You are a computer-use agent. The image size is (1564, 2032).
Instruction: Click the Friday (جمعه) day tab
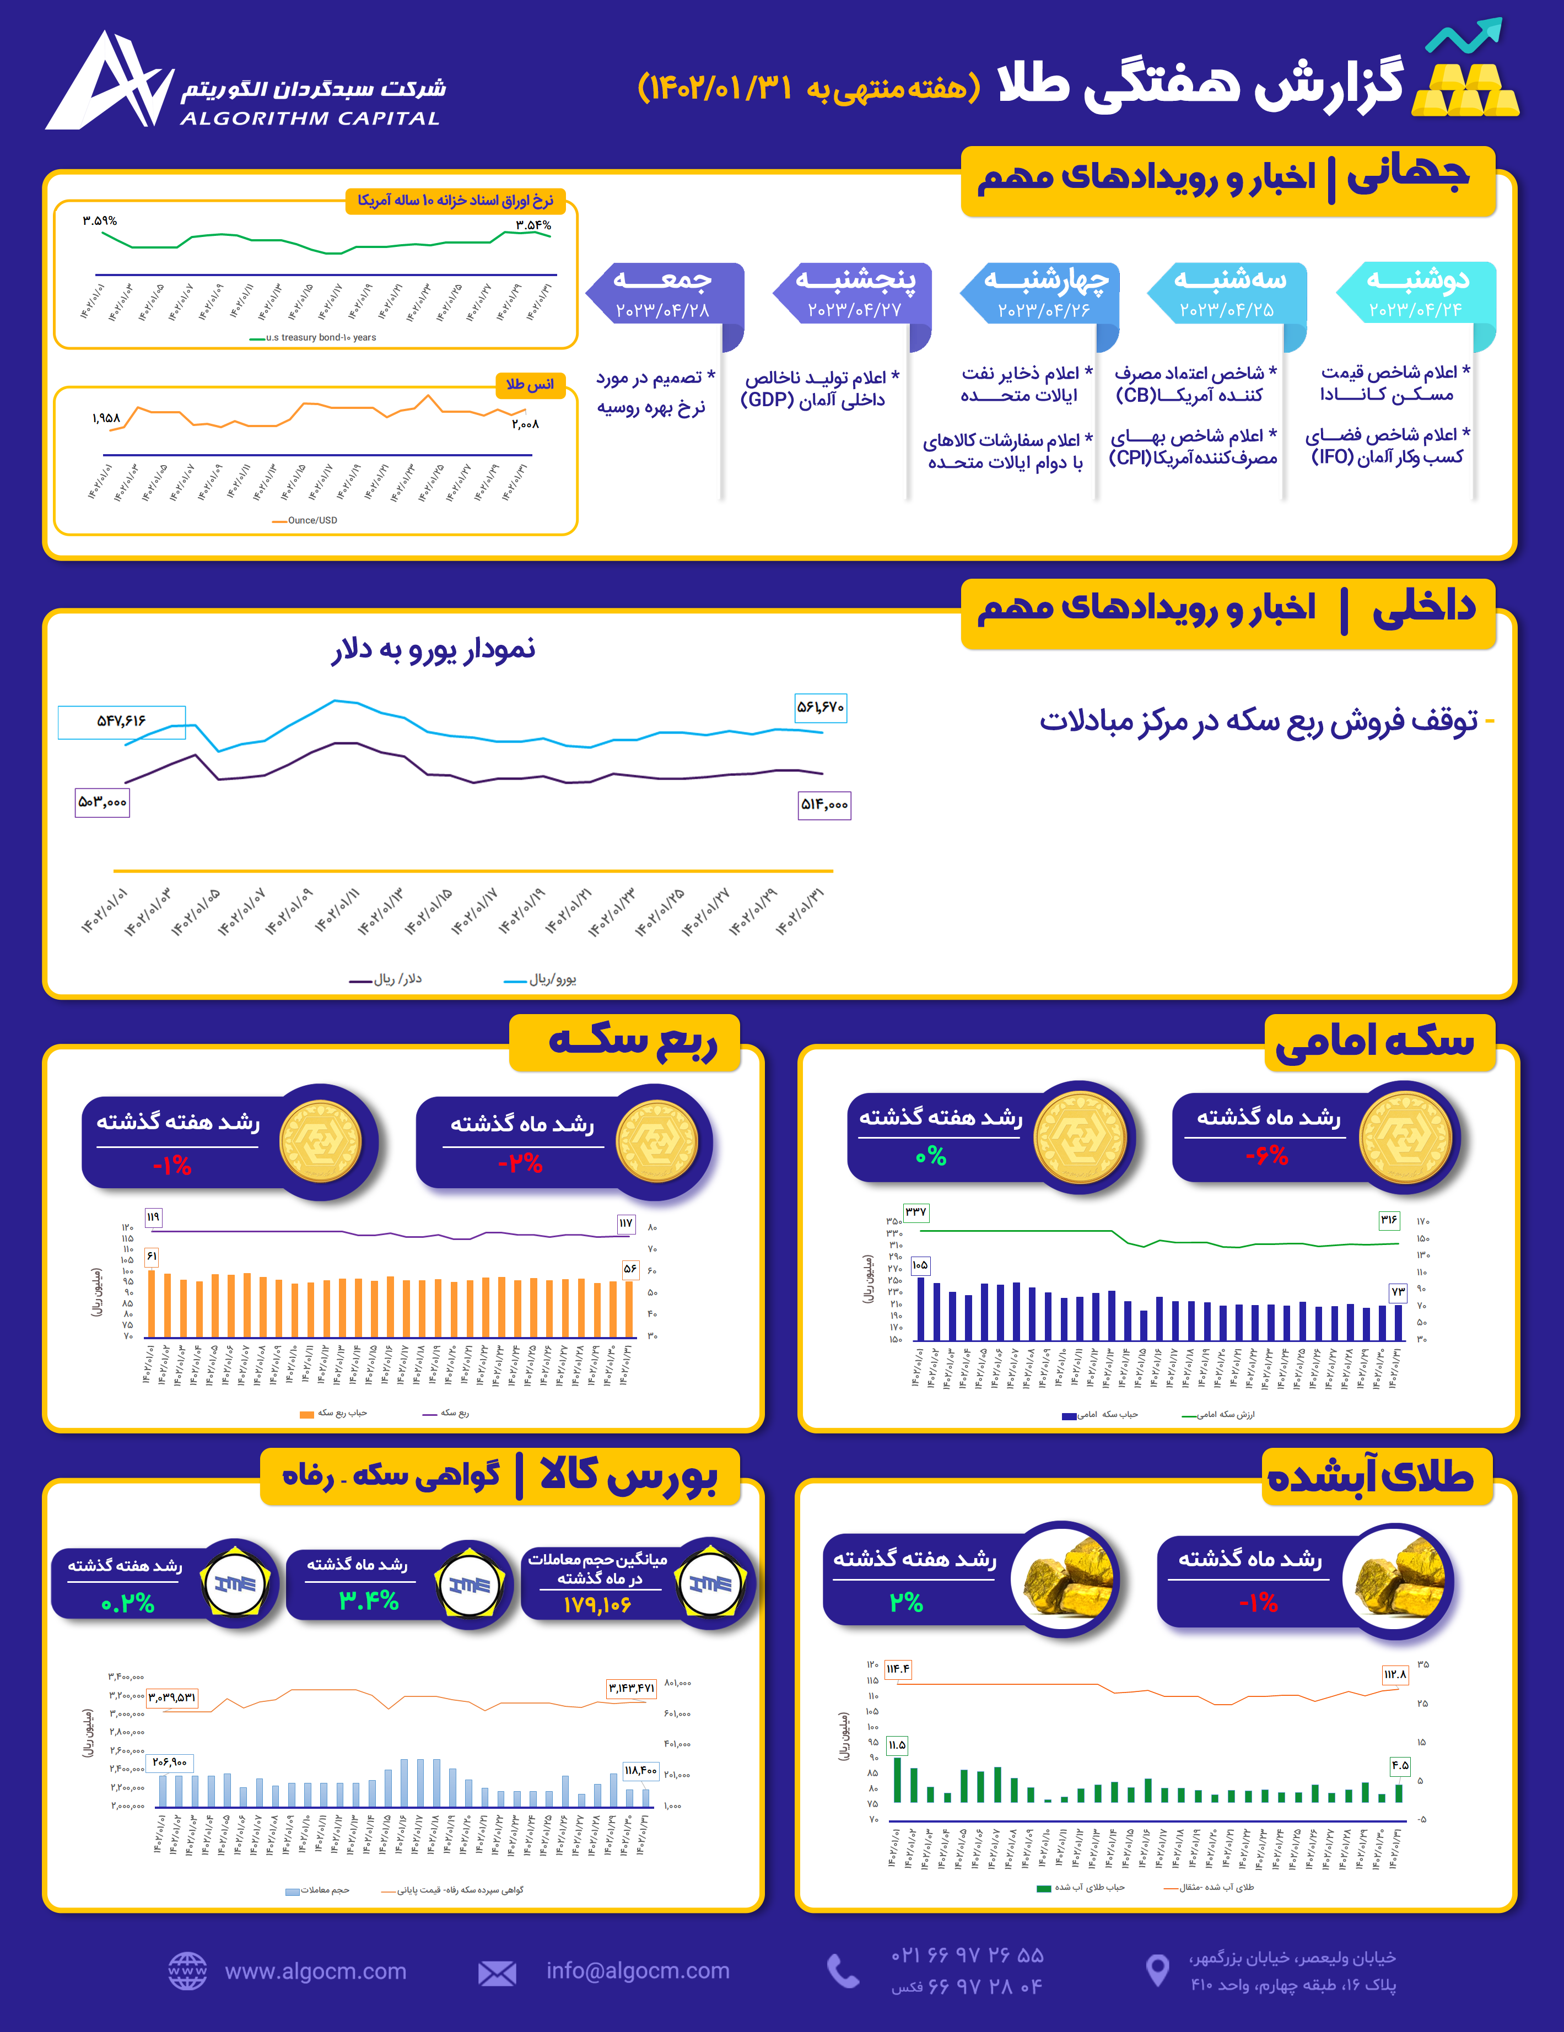pyautogui.click(x=664, y=292)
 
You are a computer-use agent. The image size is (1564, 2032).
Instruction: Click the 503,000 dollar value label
pyautogui.click(x=103, y=802)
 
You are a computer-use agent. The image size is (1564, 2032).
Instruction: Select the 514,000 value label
pyautogui.click(x=824, y=805)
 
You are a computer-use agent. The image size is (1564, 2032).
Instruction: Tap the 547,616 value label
pyautogui.click(x=121, y=721)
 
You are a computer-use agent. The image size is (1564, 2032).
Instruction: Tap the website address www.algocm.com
pyautogui.click(x=315, y=1971)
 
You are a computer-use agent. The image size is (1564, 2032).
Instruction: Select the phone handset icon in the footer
pyautogui.click(x=843, y=1971)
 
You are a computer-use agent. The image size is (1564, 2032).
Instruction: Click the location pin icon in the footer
pyautogui.click(x=1157, y=1971)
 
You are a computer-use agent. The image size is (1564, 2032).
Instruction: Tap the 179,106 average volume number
pyautogui.click(x=596, y=1605)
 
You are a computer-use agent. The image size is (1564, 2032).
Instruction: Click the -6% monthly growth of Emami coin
pyautogui.click(x=1266, y=1156)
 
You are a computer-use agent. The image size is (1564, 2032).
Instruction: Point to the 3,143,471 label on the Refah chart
pyautogui.click(x=631, y=1687)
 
